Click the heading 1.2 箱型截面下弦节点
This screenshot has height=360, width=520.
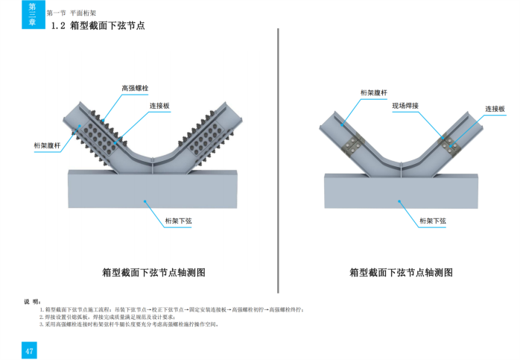[97, 25]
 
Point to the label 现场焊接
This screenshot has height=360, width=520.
[405, 106]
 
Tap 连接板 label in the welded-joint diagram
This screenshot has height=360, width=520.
[495, 109]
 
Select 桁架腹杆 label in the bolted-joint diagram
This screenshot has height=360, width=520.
[47, 145]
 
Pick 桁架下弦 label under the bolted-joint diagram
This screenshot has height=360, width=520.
[179, 221]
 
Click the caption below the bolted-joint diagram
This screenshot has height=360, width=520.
[153, 273]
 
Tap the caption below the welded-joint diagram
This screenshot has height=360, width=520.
[401, 273]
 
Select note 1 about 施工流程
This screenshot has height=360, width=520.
[171, 309]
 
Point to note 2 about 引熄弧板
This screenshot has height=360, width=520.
[112, 317]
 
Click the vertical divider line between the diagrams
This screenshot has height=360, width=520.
[278, 149]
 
